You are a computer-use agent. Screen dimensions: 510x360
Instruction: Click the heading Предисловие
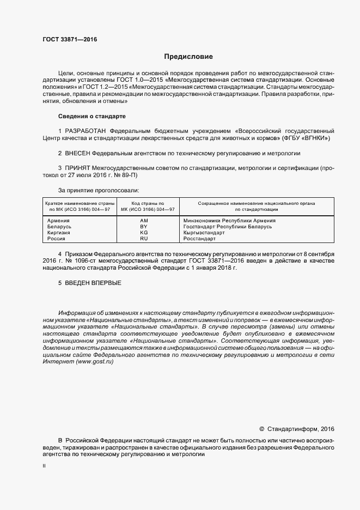point(188,57)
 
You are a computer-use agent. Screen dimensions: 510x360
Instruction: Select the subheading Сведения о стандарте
point(91,116)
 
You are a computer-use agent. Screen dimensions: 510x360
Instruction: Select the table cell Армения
point(59,221)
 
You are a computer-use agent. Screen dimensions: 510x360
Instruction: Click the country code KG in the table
point(144,233)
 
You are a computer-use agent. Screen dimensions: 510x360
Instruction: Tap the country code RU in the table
point(144,239)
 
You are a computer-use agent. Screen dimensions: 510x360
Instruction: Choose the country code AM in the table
point(144,221)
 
